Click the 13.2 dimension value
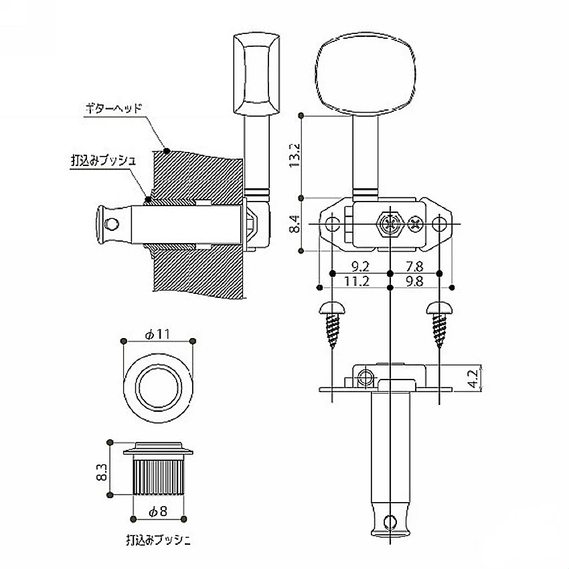(295, 155)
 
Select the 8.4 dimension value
(295, 224)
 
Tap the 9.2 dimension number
(360, 267)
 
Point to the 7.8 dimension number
(414, 267)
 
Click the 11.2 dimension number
(356, 281)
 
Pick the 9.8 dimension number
(414, 281)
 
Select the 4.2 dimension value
(473, 379)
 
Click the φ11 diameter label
(157, 334)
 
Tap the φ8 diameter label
(158, 511)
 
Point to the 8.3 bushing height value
(102, 472)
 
